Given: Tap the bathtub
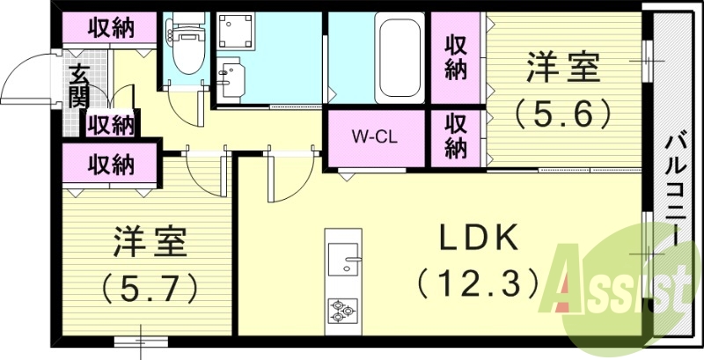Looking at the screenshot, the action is [x=400, y=57].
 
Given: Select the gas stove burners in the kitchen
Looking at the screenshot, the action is [x=343, y=311].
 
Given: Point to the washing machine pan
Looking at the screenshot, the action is [x=236, y=31].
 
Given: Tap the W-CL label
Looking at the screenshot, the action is [x=374, y=137].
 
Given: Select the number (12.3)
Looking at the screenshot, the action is [x=478, y=283].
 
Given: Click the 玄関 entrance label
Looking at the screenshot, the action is [x=78, y=86].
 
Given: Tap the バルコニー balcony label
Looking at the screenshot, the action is [x=674, y=191].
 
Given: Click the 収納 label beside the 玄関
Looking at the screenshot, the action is [x=110, y=125].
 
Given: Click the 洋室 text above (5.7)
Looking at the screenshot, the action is [x=150, y=241].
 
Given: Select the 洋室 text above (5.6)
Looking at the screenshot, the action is [x=563, y=67].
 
